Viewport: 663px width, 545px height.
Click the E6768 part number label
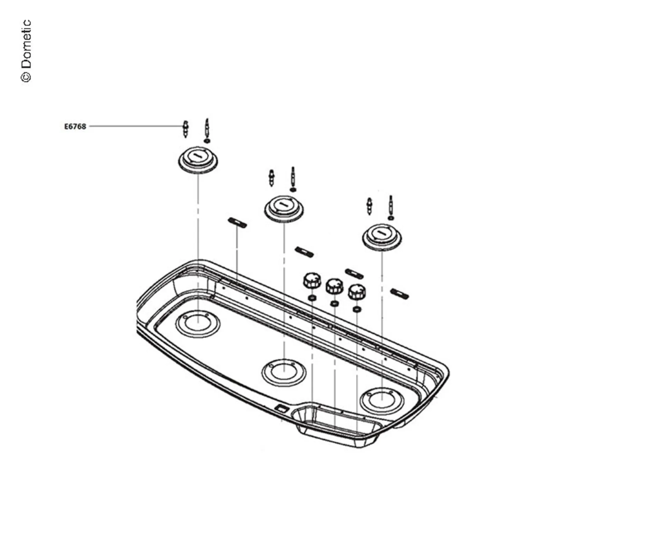tap(75, 126)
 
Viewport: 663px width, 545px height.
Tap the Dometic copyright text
tap(26, 51)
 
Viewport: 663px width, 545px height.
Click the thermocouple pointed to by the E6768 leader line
tap(185, 129)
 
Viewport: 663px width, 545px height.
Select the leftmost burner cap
tap(198, 160)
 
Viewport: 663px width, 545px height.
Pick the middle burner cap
tap(284, 209)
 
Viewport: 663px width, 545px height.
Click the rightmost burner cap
tap(382, 237)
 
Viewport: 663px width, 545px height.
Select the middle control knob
tap(334, 286)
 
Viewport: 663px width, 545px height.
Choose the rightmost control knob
tap(357, 292)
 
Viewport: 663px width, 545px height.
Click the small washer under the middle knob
tap(334, 304)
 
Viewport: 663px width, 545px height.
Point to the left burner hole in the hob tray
tap(198, 324)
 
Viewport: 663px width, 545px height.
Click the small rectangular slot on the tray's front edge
tap(281, 409)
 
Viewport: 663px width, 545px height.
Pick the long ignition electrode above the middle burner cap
tap(293, 177)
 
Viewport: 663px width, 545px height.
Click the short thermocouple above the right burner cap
tap(369, 206)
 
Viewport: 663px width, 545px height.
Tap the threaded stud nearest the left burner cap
tap(237, 223)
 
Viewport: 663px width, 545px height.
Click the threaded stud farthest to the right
tap(400, 294)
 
